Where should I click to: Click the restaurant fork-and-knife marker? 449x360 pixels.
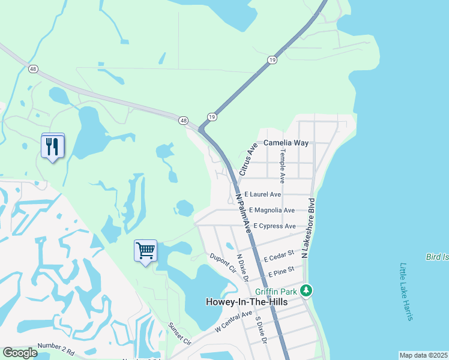click(x=53, y=146)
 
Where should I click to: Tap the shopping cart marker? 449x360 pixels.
click(x=145, y=250)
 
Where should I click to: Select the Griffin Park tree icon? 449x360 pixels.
click(x=307, y=291)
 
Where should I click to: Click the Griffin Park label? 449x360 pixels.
click(x=276, y=292)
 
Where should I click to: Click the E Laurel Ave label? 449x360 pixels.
click(x=262, y=194)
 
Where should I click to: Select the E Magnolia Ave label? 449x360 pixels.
click(x=271, y=210)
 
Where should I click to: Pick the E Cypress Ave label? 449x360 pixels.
click(x=274, y=226)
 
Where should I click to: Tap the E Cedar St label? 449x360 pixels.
click(x=278, y=257)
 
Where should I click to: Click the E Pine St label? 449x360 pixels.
click(x=281, y=272)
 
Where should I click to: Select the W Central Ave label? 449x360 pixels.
click(x=234, y=322)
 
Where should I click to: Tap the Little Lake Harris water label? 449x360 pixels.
click(x=407, y=292)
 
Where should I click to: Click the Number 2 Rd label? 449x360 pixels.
click(x=56, y=349)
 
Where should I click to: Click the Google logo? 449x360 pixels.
click(x=20, y=353)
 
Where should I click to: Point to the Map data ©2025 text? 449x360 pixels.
click(x=423, y=355)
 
